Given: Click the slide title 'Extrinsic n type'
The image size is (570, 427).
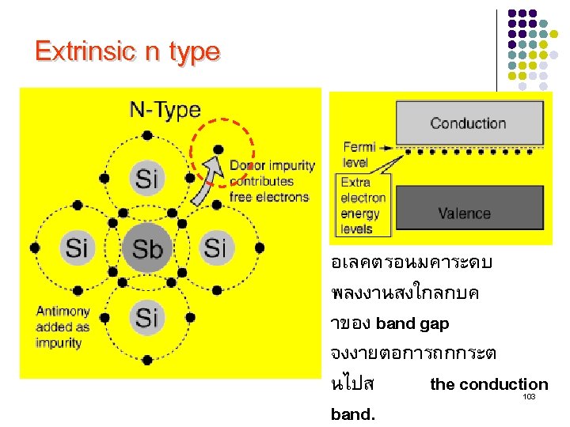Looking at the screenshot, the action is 127,52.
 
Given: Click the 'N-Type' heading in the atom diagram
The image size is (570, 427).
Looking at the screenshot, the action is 165,109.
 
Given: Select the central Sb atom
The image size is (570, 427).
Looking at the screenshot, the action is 146,249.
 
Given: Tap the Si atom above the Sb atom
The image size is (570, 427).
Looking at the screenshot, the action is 146,177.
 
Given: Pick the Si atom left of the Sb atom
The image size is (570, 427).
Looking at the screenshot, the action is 76,248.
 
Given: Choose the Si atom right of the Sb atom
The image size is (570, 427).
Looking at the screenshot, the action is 215,248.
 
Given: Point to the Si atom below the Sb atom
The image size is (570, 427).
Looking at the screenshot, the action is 146,317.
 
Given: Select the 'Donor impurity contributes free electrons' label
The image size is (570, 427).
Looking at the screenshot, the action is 272,181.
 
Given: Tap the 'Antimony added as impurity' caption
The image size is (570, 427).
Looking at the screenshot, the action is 63,327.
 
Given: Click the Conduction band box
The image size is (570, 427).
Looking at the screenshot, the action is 468,123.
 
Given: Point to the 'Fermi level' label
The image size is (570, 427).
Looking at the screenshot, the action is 358,155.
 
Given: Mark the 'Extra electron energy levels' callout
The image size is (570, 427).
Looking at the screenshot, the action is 363,206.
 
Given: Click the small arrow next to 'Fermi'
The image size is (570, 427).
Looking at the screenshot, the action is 387,147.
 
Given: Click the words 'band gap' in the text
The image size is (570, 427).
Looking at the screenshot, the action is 412,323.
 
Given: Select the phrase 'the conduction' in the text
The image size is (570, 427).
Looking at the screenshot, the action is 488,384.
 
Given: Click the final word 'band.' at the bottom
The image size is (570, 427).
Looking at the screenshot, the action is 354,414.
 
